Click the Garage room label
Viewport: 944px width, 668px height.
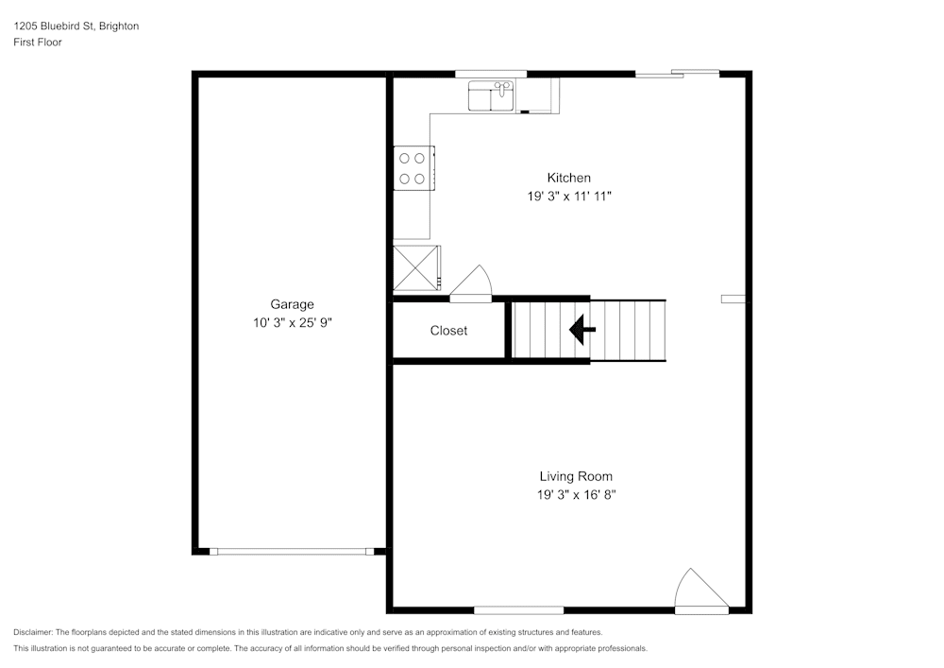pyautogui.click(x=292, y=304)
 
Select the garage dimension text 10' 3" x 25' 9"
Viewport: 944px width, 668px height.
pyautogui.click(x=292, y=322)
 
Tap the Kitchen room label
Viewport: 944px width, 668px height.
pyautogui.click(x=569, y=178)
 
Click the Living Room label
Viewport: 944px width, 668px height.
pyautogui.click(x=569, y=476)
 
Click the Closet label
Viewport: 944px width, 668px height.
pyautogui.click(x=448, y=331)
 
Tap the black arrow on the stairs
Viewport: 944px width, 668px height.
pyautogui.click(x=582, y=330)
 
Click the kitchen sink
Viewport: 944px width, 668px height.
pyautogui.click(x=491, y=95)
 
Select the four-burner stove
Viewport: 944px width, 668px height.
pyautogui.click(x=413, y=168)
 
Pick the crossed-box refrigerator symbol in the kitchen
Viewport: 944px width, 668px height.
pyautogui.click(x=416, y=268)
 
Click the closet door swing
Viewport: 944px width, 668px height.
pyautogui.click(x=473, y=283)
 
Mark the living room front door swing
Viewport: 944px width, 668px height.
pyautogui.click(x=700, y=591)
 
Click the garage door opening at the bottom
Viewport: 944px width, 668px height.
pyautogui.click(x=292, y=551)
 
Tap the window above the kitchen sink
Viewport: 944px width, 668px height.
pyautogui.click(x=491, y=74)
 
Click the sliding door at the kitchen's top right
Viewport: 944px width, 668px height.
pyautogui.click(x=677, y=74)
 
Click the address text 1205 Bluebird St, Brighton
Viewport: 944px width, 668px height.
pyautogui.click(x=76, y=26)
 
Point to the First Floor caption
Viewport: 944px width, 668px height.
pyautogui.click(x=38, y=43)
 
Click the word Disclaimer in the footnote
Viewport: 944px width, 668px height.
pyautogui.click(x=33, y=632)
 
